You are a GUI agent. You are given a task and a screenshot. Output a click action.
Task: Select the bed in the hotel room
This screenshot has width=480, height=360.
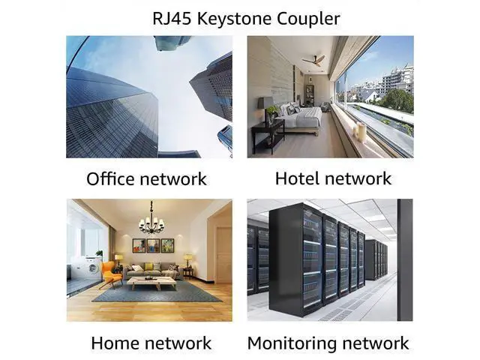[300, 116]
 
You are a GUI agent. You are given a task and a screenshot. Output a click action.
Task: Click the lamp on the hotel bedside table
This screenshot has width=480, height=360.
[266, 104]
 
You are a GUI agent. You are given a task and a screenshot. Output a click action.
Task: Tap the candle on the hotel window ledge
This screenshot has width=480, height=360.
[361, 132]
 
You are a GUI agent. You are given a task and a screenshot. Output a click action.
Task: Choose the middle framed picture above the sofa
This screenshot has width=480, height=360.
[151, 245]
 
